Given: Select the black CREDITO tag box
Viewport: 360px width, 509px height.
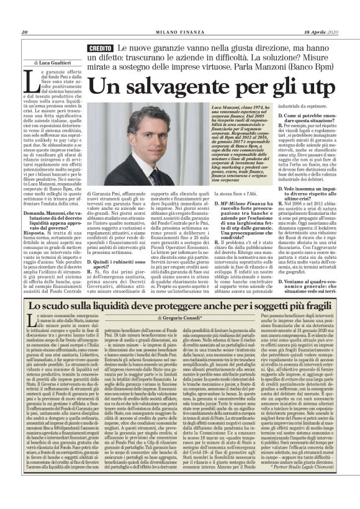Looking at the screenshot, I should click(x=101, y=48).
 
